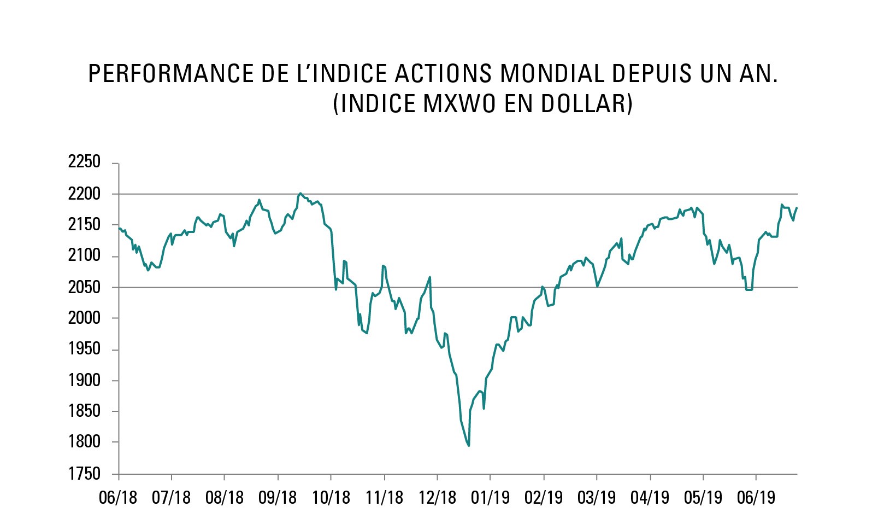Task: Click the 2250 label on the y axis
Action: coord(84,162)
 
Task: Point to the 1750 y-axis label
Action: coord(84,474)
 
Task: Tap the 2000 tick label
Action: coord(84,318)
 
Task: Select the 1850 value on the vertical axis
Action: coord(84,411)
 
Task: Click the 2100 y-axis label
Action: coord(84,255)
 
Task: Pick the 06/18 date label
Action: coord(118,498)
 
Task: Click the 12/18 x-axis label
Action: coord(437,498)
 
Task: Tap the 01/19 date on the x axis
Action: coord(490,498)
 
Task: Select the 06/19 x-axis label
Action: coord(756,498)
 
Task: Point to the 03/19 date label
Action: coord(596,498)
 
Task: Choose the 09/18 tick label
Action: coord(278,498)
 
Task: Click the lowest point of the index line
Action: coord(469,446)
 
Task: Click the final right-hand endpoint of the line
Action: coord(797,208)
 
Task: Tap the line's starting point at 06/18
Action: coord(119,228)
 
